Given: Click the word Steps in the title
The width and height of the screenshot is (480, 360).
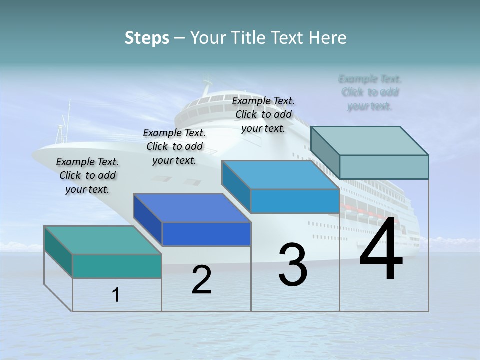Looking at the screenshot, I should point(147,38).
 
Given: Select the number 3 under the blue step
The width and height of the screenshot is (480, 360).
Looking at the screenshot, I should point(293,265).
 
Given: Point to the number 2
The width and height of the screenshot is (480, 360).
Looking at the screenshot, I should point(201,280).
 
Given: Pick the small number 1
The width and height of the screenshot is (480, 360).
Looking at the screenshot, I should point(116,295).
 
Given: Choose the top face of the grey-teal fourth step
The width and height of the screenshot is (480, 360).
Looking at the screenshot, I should point(369,141).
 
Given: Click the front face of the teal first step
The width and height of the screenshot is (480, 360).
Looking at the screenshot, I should point(117,266).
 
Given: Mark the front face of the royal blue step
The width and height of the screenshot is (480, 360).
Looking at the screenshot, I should point(206,234).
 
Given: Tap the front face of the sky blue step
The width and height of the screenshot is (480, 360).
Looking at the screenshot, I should point(295,201).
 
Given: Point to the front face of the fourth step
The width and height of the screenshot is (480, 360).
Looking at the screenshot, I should point(384,167).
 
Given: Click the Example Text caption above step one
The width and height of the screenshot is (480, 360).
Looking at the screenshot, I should point(87,175).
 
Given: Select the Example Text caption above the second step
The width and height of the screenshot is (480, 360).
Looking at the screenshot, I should point(174,146).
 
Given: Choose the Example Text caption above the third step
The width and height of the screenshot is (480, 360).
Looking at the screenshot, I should point(263,114).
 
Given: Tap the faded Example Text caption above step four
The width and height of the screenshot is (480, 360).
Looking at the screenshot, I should point(370,92).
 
